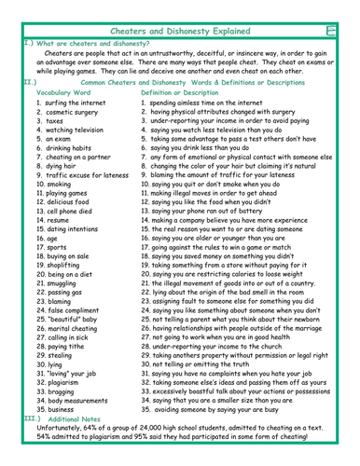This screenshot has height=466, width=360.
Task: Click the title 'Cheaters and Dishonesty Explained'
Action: click(x=179, y=7)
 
